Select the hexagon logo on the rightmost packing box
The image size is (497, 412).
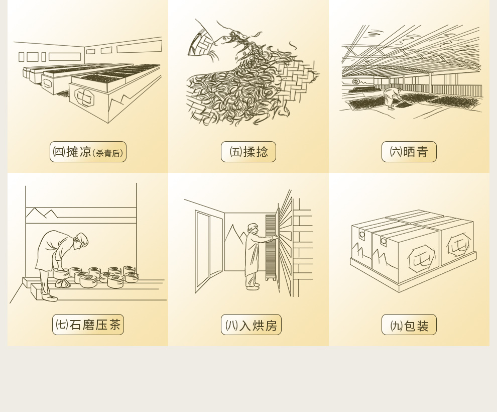tap(458, 245)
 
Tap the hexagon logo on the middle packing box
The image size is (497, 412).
tap(421, 258)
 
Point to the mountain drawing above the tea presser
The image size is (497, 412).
tap(42, 213)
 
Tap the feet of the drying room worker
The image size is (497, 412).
tap(253, 287)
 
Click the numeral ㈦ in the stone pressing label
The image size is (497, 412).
tap(62, 325)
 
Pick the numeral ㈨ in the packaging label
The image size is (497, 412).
tap(397, 326)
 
